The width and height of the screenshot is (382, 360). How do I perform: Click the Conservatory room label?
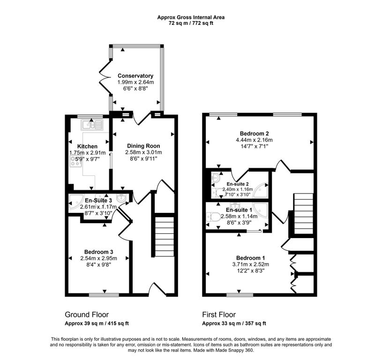point(135,76)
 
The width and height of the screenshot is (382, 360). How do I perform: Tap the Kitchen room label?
point(87,146)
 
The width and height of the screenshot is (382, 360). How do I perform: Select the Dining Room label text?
point(143,146)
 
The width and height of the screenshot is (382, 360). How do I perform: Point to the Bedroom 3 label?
point(99,252)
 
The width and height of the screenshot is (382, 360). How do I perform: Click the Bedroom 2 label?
point(254,134)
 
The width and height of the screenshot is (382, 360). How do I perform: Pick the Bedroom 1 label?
point(250,258)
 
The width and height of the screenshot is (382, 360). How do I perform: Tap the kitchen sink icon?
point(92,125)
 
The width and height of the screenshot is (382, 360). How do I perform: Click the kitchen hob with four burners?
point(76,161)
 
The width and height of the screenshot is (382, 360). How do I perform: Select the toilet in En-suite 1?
point(213,216)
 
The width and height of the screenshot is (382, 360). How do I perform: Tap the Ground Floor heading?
point(87,315)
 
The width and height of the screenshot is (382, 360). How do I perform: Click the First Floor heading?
point(219,315)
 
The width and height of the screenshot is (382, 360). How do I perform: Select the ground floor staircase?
point(165,236)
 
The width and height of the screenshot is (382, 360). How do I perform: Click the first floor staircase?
point(304,214)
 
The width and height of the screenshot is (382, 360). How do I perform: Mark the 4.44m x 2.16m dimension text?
point(254,140)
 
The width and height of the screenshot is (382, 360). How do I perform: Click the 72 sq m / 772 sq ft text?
point(191,23)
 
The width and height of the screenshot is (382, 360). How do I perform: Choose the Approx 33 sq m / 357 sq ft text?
point(234,323)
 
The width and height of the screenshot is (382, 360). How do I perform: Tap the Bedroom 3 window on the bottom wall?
point(104,295)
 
